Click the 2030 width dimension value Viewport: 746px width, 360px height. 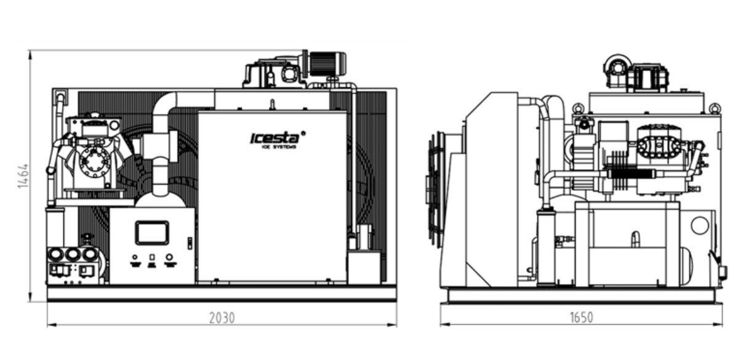(222, 318)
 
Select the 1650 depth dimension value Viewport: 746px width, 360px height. (581, 318)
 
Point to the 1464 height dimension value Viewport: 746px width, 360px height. (23, 177)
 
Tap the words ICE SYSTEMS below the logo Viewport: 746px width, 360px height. (279, 147)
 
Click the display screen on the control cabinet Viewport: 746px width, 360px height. (152, 233)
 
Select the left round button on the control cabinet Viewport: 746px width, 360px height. (135, 257)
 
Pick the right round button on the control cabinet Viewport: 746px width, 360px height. (170, 257)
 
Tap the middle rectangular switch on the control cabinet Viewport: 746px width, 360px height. (152, 257)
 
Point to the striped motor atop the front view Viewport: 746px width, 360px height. (326, 64)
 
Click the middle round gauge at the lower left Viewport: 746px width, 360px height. (73, 254)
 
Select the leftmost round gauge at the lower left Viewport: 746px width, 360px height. (57, 254)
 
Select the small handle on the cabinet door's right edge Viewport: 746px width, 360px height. (190, 242)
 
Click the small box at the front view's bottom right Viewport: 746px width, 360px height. (363, 266)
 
